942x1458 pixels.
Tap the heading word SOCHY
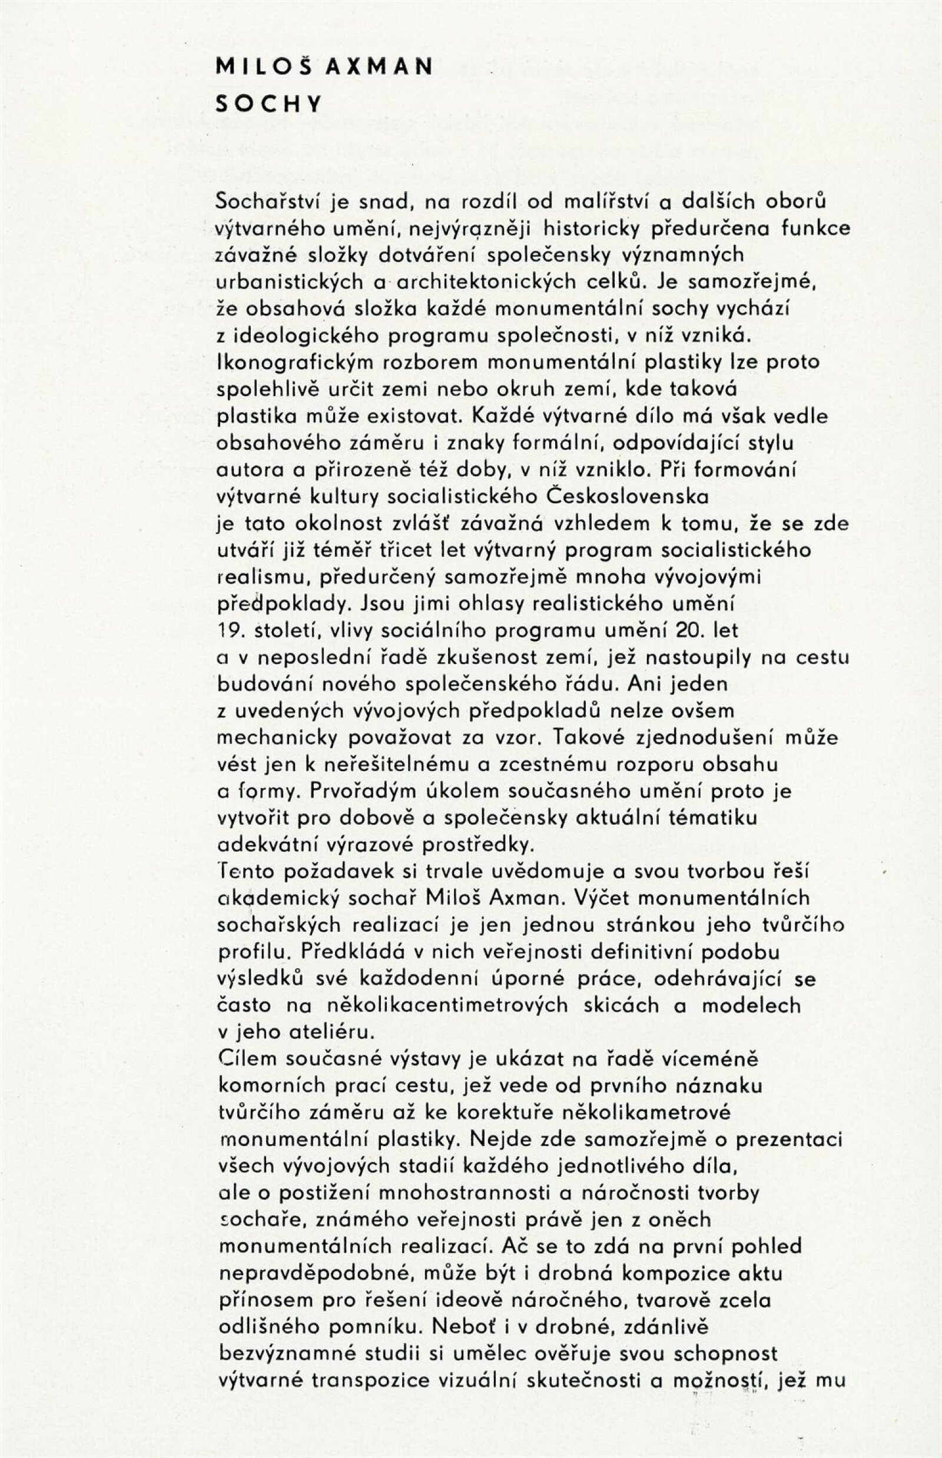[x=268, y=105]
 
